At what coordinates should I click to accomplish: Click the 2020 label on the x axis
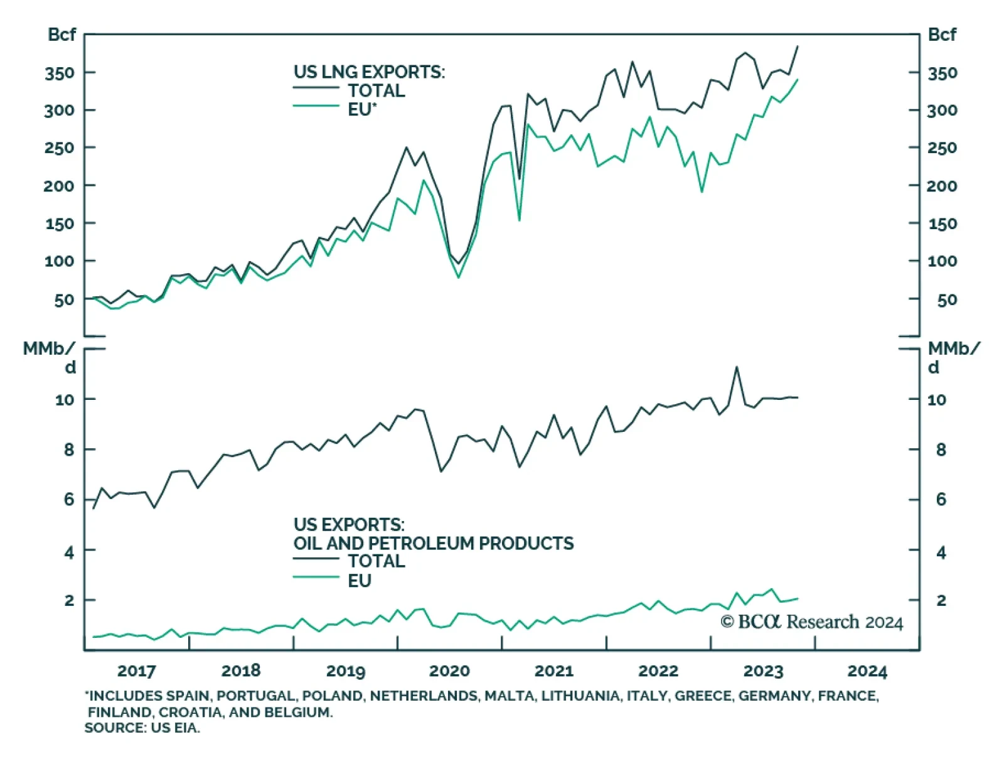[449, 671]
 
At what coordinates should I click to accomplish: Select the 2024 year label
[867, 671]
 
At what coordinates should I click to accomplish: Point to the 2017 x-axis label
[136, 671]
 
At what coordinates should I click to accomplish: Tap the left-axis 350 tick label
[60, 73]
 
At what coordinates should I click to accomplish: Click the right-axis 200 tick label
[942, 186]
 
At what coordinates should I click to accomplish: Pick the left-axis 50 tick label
[64, 300]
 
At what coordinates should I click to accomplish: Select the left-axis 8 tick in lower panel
[68, 449]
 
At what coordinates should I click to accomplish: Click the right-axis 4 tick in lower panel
[941, 552]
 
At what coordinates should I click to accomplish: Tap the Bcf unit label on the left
[61, 35]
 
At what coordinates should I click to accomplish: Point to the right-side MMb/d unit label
[953, 357]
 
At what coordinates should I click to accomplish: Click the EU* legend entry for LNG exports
[362, 109]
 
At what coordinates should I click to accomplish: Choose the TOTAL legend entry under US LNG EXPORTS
[376, 90]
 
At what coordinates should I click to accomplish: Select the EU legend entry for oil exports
[360, 581]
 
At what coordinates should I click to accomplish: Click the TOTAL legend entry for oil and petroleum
[376, 561]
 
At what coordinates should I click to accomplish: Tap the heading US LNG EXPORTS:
[369, 72]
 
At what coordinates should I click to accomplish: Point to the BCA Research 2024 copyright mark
[811, 622]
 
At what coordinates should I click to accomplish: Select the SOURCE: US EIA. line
[142, 728]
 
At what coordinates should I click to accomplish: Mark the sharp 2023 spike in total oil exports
[736, 367]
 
